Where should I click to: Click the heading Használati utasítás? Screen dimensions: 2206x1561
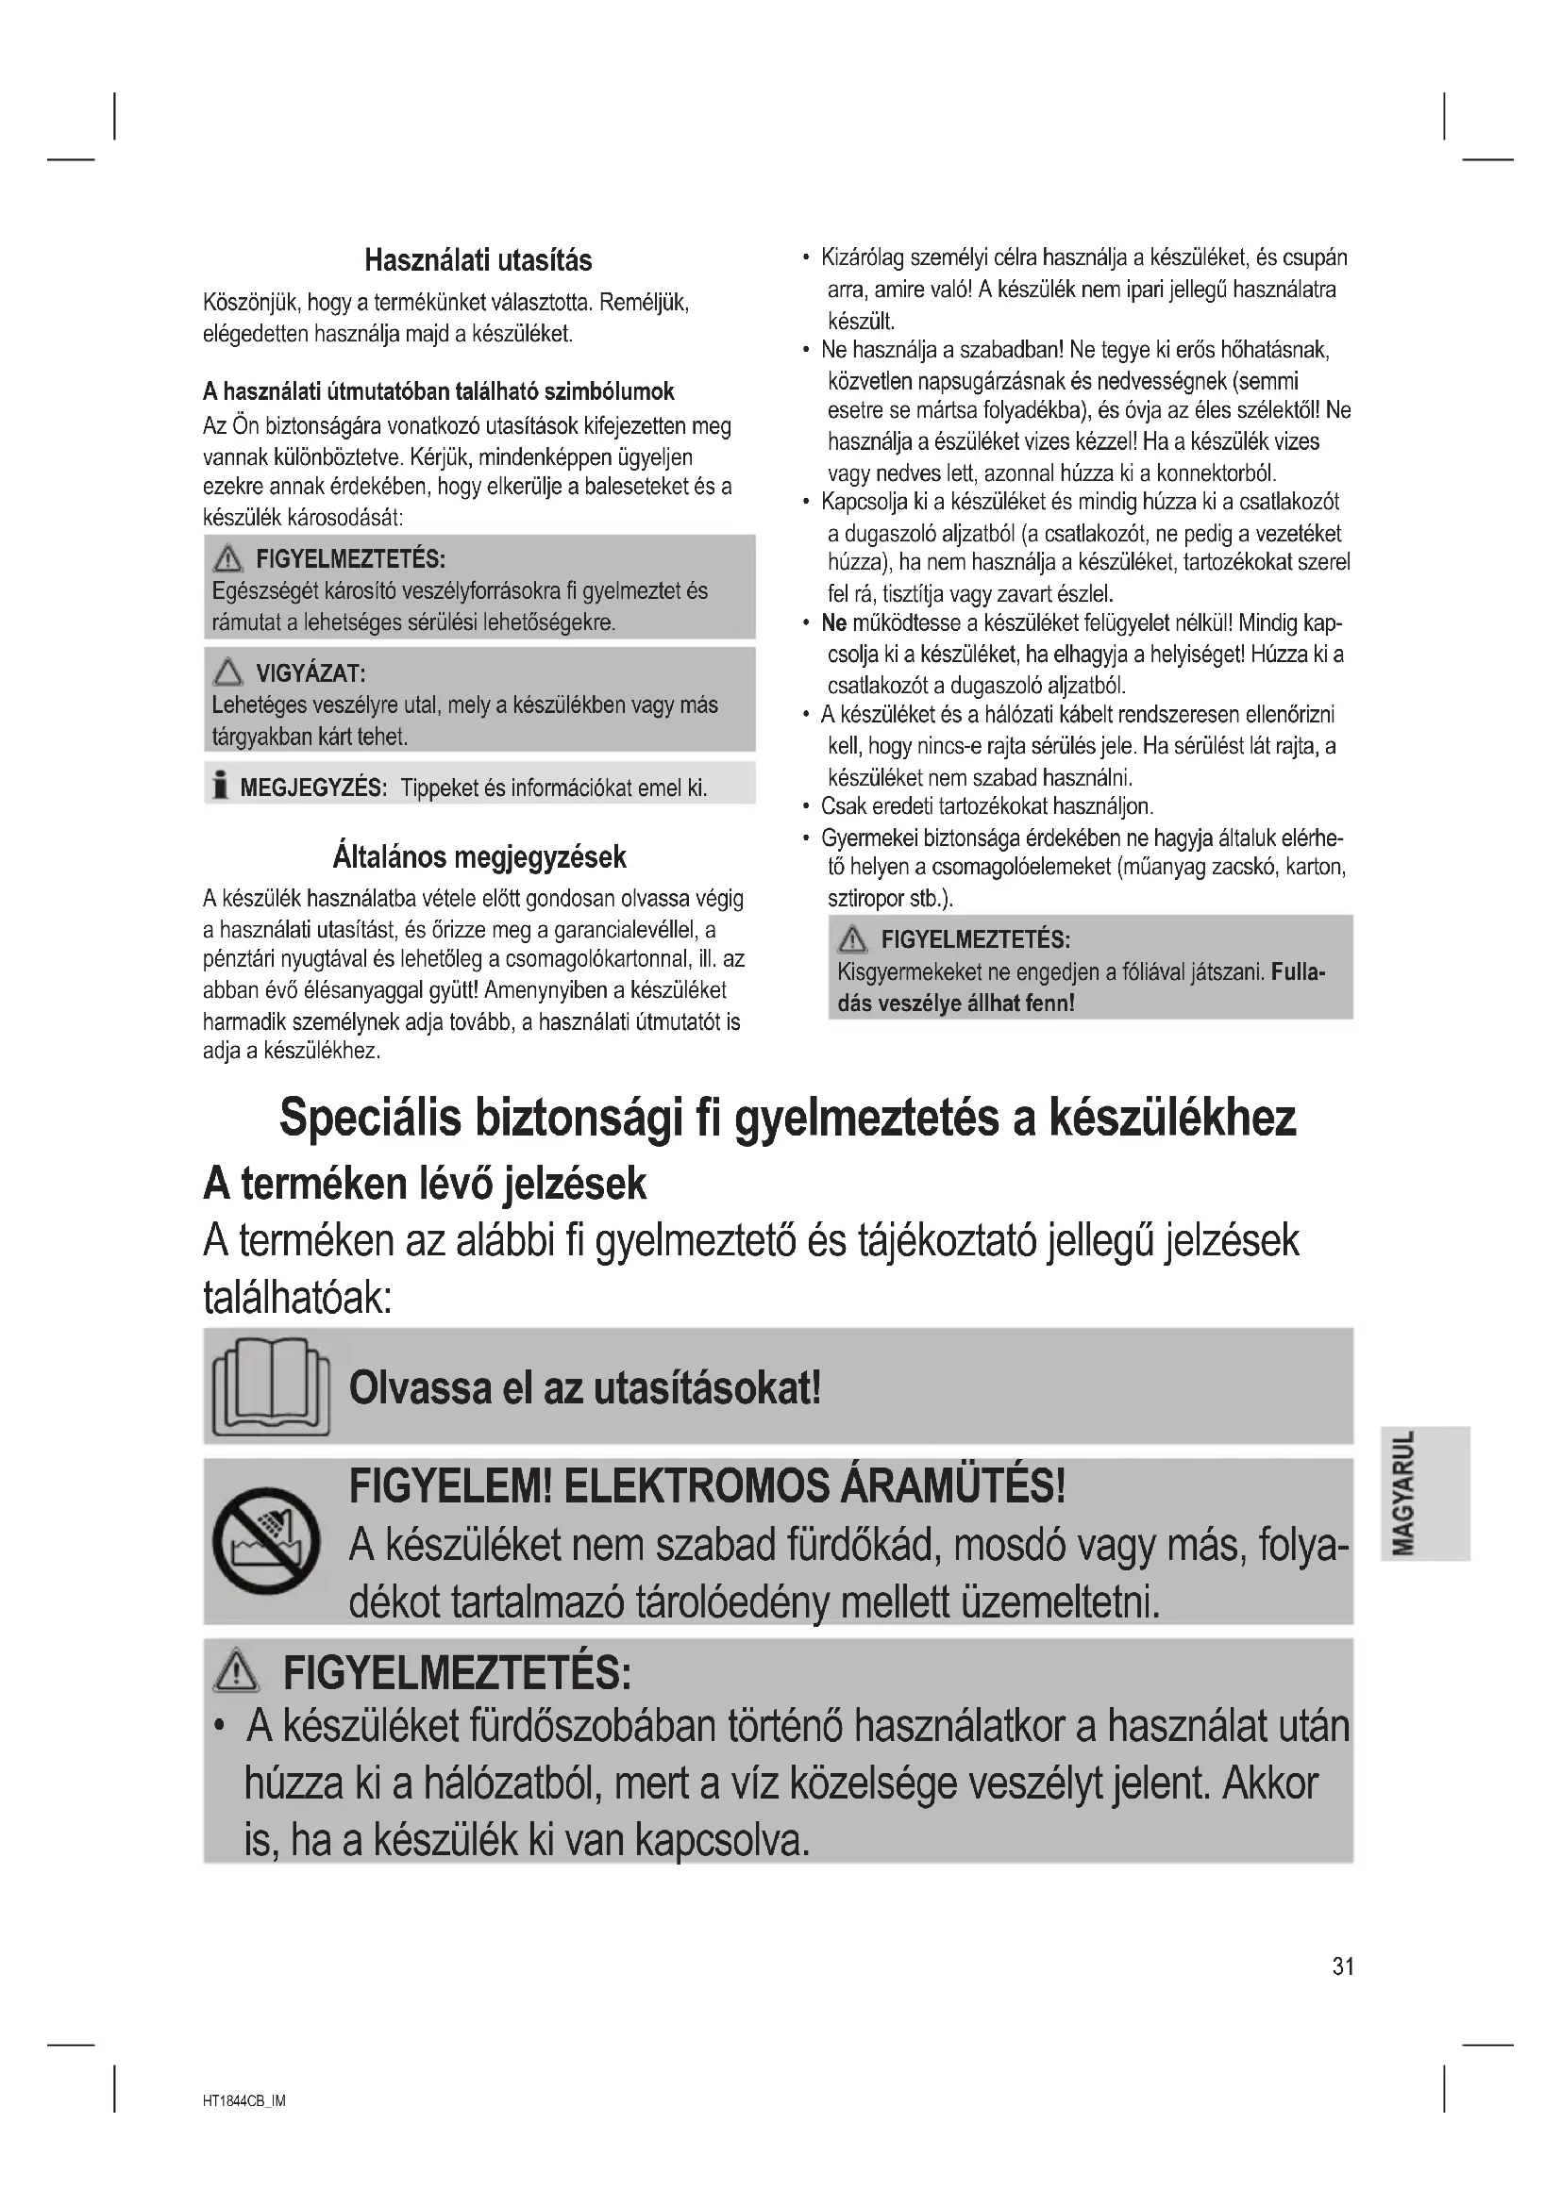click(x=478, y=260)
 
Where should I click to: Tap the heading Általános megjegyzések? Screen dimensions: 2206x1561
click(x=478, y=856)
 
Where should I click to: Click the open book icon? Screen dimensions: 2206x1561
click(x=270, y=1386)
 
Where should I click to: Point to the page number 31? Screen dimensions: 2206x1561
click(x=1342, y=1966)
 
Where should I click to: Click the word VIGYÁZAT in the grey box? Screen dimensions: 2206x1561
click(x=310, y=672)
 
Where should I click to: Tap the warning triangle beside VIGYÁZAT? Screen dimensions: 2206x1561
click(x=227, y=671)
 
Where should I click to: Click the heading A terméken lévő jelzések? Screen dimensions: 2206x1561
click(x=424, y=1184)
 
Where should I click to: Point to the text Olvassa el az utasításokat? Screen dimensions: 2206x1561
click(x=584, y=1387)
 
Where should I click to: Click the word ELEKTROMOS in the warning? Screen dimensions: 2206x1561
click(x=696, y=1487)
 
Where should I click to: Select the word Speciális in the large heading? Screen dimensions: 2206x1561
click(x=369, y=1117)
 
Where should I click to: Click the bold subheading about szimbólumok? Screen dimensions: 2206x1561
click(x=438, y=391)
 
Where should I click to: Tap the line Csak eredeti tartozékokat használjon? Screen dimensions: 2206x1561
click(x=986, y=806)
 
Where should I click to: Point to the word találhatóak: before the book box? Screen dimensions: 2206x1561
click(x=297, y=1299)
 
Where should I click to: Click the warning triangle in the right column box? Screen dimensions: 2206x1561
click(x=851, y=938)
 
